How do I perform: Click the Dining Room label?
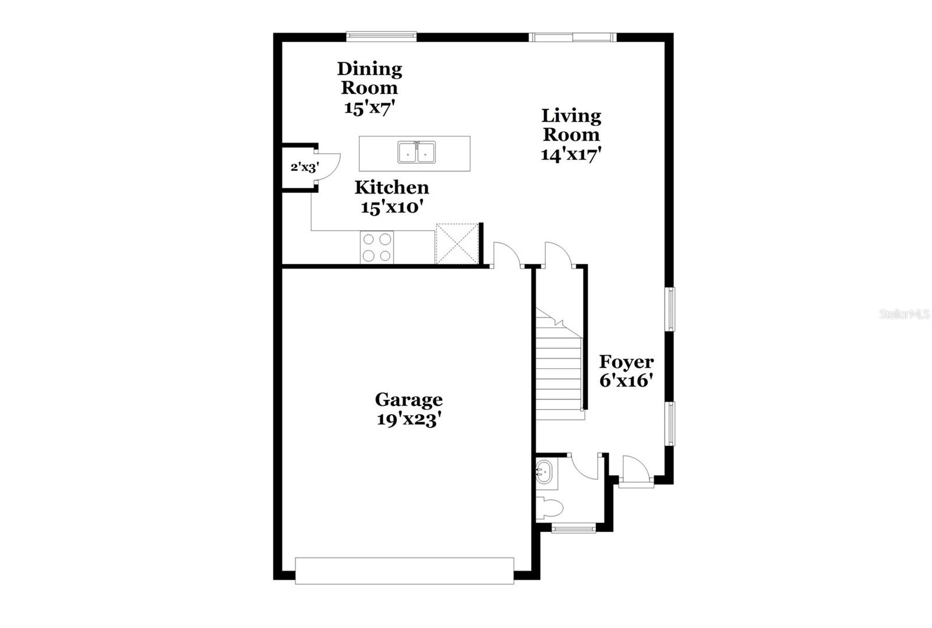point(369,78)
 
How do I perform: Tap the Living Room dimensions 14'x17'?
point(571,155)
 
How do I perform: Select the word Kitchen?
point(391,187)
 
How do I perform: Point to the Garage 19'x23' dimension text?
point(408,419)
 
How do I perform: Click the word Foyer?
point(626,362)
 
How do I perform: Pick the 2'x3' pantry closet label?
point(304,168)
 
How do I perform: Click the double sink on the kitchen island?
point(416,152)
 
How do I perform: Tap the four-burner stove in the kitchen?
point(377,247)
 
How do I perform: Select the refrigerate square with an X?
point(457,244)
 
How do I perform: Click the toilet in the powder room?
point(549,508)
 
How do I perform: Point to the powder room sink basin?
point(545,470)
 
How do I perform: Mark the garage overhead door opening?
point(404,570)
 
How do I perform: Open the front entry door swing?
point(635,468)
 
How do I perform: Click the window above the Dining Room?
point(382,37)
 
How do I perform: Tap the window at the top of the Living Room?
point(572,37)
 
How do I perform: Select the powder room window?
point(574,529)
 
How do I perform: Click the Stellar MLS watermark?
point(905,314)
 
